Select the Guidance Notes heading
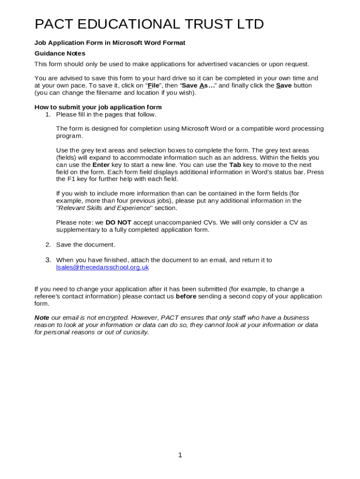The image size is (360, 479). pyautogui.click(x=60, y=53)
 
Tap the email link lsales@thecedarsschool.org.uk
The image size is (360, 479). pyautogui.click(x=102, y=267)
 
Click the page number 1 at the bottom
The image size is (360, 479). pyautogui.click(x=180, y=455)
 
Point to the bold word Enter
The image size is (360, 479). pyautogui.click(x=101, y=165)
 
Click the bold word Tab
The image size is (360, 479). pyautogui.click(x=235, y=165)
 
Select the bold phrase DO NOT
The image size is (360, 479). pyautogui.click(x=118, y=222)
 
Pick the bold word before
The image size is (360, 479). pyautogui.click(x=186, y=296)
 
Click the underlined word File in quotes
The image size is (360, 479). pyautogui.click(x=153, y=86)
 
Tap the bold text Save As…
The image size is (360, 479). pyautogui.click(x=198, y=86)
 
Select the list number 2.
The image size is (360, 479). pyautogui.click(x=48, y=245)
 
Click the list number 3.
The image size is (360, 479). pyautogui.click(x=48, y=260)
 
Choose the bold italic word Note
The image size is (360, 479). pyautogui.click(x=42, y=318)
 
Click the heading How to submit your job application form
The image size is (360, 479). pyautogui.click(x=98, y=107)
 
